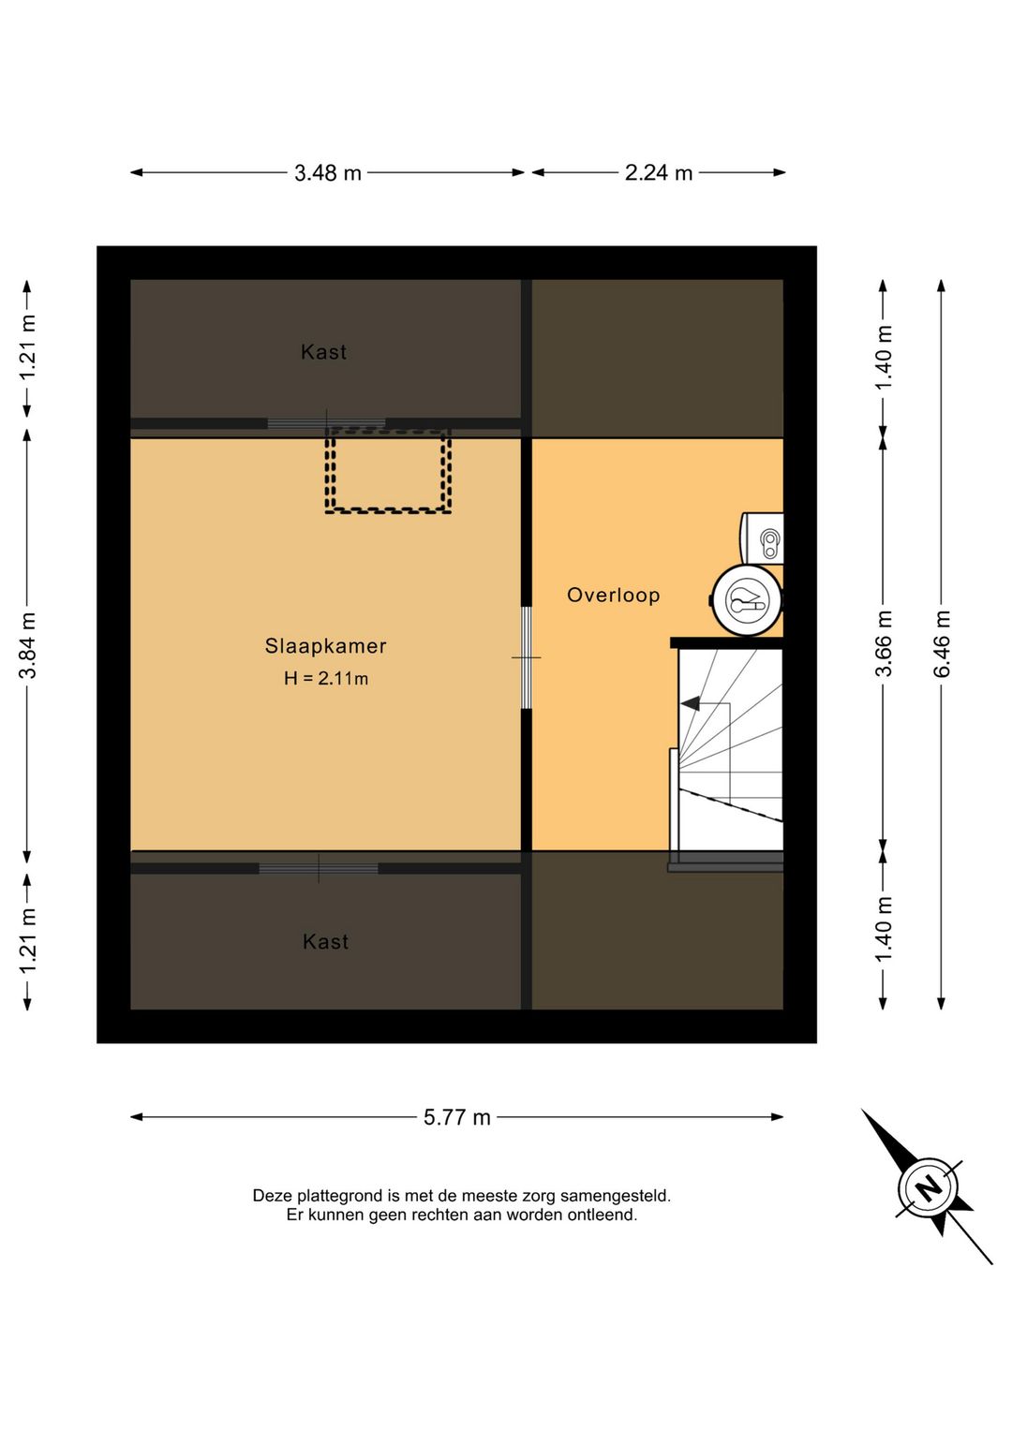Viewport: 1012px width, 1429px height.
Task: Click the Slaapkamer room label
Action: pyautogui.click(x=326, y=646)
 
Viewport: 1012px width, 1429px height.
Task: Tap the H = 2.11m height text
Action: pyautogui.click(x=326, y=678)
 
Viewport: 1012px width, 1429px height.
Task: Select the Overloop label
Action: pyautogui.click(x=614, y=596)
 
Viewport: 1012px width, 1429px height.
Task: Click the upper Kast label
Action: pyautogui.click(x=323, y=351)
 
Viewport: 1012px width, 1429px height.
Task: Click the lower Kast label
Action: pyautogui.click(x=326, y=942)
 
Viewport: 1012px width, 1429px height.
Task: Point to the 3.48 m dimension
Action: pyautogui.click(x=328, y=172)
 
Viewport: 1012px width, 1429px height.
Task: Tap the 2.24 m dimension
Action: pyautogui.click(x=659, y=172)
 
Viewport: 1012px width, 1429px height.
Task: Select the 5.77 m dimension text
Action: pyautogui.click(x=457, y=1117)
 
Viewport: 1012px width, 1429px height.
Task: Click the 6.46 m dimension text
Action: pyautogui.click(x=942, y=643)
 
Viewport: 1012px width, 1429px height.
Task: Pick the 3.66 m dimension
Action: pyautogui.click(x=884, y=643)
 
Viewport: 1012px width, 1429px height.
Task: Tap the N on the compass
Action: pyautogui.click(x=929, y=1187)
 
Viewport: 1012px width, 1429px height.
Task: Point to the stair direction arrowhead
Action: pyautogui.click(x=690, y=704)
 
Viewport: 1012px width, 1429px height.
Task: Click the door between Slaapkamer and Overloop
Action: pyautogui.click(x=526, y=657)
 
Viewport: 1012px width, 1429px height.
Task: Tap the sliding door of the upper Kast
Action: pyautogui.click(x=326, y=423)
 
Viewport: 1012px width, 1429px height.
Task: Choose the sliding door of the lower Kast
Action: pyautogui.click(x=318, y=868)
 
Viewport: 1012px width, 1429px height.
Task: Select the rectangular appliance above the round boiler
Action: pyautogui.click(x=762, y=539)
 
